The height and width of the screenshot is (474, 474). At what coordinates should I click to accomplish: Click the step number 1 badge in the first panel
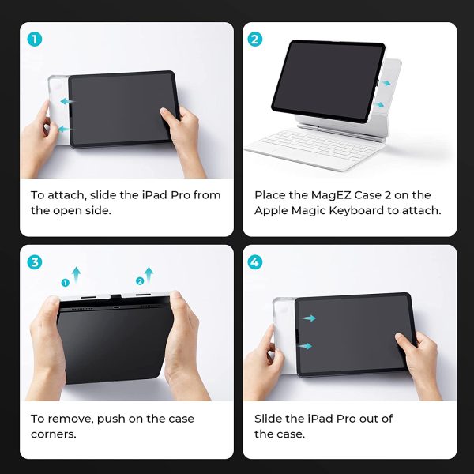[x=35, y=39]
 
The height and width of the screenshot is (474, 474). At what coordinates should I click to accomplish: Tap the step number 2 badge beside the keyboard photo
[x=255, y=39]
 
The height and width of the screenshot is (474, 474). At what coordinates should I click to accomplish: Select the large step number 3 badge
[x=35, y=262]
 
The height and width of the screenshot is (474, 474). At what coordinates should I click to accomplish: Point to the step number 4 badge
[x=255, y=262]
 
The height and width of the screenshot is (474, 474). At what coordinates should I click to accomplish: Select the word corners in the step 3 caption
[x=53, y=434]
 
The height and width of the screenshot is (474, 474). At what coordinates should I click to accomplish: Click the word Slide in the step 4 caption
[x=268, y=419]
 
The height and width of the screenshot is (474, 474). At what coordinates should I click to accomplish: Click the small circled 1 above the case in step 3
[x=66, y=283]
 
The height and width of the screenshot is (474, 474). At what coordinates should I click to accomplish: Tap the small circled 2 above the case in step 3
[x=140, y=281]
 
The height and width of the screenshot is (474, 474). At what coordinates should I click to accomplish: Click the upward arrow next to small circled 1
[x=76, y=274]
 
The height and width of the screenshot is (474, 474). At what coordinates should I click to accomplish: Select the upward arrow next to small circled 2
[x=149, y=275]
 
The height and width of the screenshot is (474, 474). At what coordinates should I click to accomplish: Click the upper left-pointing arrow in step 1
[x=67, y=101]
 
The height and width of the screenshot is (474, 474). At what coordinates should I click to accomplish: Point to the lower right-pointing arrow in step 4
[x=305, y=346]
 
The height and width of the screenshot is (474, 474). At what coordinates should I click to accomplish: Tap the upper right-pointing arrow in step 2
[x=385, y=83]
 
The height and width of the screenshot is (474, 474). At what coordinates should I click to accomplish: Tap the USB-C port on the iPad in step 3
[x=116, y=307]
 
